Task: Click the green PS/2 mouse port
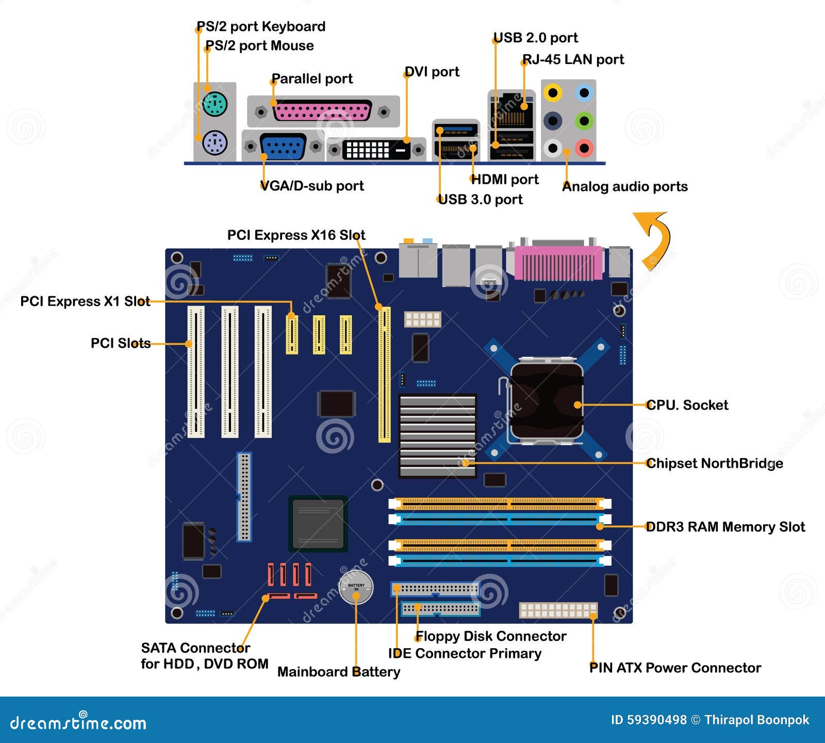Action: click(215, 104)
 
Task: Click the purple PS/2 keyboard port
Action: click(215, 142)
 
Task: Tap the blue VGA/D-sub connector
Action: click(283, 147)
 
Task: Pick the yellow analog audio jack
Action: click(553, 93)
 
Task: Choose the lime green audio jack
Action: click(584, 121)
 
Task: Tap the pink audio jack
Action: click(584, 148)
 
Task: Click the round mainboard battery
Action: click(356, 587)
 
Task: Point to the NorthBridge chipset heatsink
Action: click(437, 436)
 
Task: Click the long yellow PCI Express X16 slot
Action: click(385, 375)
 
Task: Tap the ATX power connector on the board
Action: click(558, 610)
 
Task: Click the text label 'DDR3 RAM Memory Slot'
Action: click(725, 527)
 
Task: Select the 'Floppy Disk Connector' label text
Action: click(491, 636)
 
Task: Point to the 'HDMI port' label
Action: click(505, 180)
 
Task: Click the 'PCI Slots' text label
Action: click(121, 343)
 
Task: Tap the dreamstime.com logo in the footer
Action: click(78, 722)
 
